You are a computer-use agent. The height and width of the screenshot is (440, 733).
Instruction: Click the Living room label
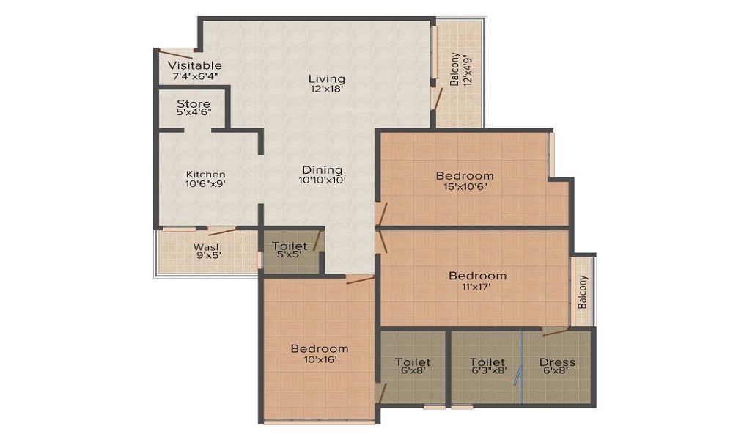point(327,78)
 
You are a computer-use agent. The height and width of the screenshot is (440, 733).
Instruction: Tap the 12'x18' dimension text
point(327,89)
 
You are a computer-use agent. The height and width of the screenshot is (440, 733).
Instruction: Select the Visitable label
point(194,65)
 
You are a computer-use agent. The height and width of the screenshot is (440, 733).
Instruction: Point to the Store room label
point(194,103)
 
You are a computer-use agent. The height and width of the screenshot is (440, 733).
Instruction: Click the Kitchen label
point(206,175)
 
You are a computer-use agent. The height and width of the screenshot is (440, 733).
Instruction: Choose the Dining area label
point(322,169)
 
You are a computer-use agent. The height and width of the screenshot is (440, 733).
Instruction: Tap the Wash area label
point(207,247)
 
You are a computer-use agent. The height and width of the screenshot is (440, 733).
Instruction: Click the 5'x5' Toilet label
point(290,246)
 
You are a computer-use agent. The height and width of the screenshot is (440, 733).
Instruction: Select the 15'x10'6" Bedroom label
point(465,176)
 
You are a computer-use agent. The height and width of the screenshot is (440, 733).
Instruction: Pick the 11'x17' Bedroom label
point(477,276)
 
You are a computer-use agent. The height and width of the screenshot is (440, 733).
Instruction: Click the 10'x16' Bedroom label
point(320,348)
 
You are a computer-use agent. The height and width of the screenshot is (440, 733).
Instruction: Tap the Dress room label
point(557,362)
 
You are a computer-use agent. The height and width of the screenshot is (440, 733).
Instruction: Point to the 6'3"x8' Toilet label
point(487,362)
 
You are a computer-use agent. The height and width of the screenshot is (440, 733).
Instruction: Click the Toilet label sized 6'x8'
point(413,362)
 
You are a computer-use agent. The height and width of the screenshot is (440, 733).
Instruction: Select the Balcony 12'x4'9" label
point(460,69)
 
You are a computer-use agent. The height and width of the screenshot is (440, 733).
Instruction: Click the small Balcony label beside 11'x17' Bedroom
point(583,292)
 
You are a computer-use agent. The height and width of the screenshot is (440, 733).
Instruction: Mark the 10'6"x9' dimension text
point(206,184)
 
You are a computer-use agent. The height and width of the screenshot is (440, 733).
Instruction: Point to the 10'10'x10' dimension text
point(322,180)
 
